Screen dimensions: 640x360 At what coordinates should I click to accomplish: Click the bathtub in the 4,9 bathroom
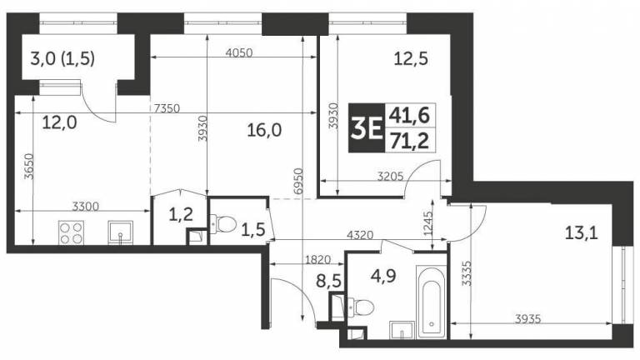[432, 302]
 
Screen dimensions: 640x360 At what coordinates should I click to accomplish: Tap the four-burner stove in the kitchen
[71, 232]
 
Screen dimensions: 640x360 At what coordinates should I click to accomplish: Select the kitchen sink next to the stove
[120, 232]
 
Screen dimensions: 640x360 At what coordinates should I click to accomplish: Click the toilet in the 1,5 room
[222, 223]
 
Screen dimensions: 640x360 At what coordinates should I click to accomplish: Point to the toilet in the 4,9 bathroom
[360, 307]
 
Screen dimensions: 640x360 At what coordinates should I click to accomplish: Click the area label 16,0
[264, 131]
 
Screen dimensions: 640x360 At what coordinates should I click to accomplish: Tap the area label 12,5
[411, 59]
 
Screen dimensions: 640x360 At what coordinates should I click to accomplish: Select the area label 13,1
[581, 233]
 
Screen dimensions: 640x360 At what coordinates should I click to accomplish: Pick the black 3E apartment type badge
[367, 127]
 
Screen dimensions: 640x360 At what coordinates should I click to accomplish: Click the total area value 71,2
[409, 141]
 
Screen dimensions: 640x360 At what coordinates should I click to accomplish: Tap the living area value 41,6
[409, 116]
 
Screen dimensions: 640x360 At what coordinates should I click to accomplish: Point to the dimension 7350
[167, 108]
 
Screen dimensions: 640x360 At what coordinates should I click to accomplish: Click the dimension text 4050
[239, 52]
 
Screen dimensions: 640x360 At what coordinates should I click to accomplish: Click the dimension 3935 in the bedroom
[528, 318]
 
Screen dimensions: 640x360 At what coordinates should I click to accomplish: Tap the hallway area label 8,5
[328, 281]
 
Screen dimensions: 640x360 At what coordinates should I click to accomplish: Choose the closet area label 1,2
[181, 214]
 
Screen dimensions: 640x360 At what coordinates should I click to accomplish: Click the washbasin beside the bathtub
[402, 330]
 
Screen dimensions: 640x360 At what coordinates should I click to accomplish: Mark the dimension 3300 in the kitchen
[85, 206]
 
